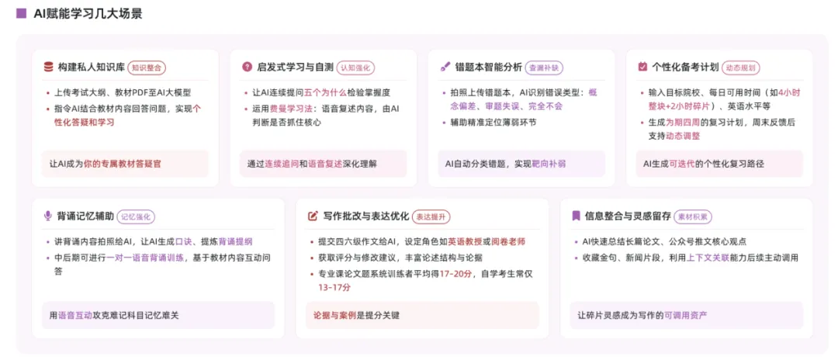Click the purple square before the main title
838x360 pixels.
click(22, 13)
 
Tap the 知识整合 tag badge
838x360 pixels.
click(147, 67)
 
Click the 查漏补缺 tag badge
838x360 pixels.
click(545, 67)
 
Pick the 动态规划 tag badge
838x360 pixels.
click(741, 67)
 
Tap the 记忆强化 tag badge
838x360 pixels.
click(136, 216)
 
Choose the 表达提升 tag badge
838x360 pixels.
click(431, 216)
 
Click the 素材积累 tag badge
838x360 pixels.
click(693, 216)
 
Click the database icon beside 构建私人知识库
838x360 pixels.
click(49, 67)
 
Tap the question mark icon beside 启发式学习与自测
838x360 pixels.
click(247, 67)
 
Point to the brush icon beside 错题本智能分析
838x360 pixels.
click(445, 67)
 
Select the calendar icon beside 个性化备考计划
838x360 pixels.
click(642, 67)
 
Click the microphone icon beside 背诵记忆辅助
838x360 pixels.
click(48, 216)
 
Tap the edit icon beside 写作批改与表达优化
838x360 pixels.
click(313, 216)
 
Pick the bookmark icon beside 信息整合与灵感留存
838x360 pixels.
click(576, 216)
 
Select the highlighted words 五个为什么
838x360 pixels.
click(322, 92)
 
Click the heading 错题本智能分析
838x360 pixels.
click(488, 67)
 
